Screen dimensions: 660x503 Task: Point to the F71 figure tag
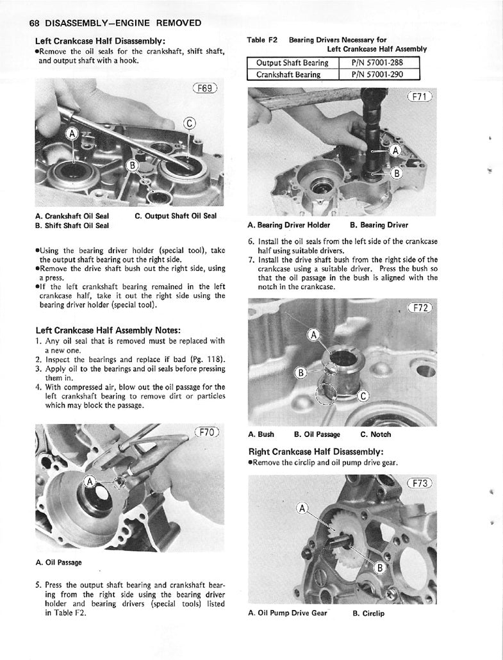tap(420, 97)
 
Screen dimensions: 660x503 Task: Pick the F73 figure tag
tap(420, 483)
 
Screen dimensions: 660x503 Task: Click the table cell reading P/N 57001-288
tap(379, 63)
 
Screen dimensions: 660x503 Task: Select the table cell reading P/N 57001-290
tap(379, 74)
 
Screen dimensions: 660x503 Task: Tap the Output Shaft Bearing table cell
tap(292, 63)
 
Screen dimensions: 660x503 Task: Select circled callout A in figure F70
tap(91, 481)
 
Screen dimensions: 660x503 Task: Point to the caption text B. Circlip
tap(368, 613)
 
